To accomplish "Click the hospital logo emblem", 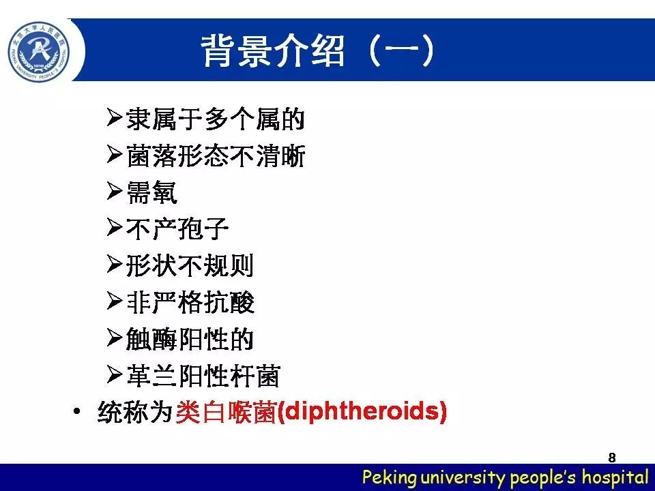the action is click(x=39, y=52).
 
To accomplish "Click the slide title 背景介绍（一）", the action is click(x=318, y=51).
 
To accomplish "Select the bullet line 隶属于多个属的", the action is click(x=215, y=119).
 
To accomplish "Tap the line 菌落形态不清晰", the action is click(x=216, y=155).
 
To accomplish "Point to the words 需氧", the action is click(x=151, y=192).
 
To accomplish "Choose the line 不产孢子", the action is click(x=177, y=229).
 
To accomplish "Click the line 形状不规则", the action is click(x=190, y=265).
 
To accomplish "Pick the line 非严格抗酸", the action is click(x=190, y=302).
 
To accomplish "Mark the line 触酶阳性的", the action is click(x=190, y=339).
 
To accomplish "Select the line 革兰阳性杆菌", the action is click(x=203, y=375).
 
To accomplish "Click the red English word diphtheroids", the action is click(x=362, y=411).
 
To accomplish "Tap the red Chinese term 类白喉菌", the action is click(x=226, y=412).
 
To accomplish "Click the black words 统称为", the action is click(x=135, y=412).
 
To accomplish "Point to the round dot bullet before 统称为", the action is click(x=76, y=411).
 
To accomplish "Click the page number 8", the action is click(x=612, y=458).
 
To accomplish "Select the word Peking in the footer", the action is click(x=390, y=477).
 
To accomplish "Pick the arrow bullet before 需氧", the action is click(x=115, y=191).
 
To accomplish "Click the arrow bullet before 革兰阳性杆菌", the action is click(x=115, y=374).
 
